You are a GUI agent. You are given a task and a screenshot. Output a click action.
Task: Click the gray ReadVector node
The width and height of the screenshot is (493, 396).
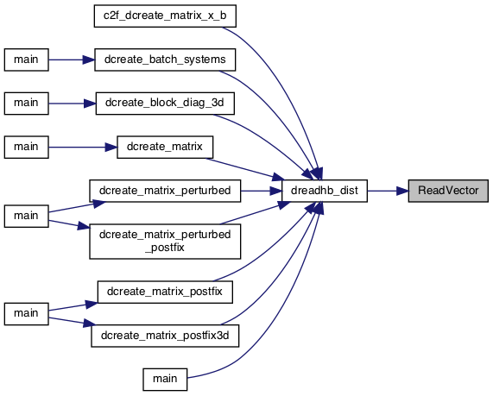448,191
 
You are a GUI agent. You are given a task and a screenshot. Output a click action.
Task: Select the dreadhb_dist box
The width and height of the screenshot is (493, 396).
325,191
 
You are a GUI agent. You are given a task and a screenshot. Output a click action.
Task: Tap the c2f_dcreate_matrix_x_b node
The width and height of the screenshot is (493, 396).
165,16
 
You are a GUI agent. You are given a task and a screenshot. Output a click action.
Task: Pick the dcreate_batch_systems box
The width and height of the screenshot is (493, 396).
165,60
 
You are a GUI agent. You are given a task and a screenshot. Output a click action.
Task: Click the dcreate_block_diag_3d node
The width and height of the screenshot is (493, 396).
165,104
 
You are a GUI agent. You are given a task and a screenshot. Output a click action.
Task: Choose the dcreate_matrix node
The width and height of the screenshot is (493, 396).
165,147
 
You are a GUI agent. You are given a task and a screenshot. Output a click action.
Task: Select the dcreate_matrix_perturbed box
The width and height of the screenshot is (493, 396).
165,191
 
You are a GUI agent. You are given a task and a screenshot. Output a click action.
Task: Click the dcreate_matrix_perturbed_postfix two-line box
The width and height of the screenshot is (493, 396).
165,242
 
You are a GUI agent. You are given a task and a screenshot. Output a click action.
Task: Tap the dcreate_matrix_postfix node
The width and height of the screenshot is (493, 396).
165,292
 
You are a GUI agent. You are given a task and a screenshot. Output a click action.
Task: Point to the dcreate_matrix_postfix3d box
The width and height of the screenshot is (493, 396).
165,336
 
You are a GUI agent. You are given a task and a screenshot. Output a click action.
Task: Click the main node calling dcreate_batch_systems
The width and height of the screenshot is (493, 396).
27,60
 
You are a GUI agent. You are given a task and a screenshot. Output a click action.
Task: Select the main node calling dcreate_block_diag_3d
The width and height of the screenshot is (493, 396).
27,104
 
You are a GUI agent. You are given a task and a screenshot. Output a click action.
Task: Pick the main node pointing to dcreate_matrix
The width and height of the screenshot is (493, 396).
27,147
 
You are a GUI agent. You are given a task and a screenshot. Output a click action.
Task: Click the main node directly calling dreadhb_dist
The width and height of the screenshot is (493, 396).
165,380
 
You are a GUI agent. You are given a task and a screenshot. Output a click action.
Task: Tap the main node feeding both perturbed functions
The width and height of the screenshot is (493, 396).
27,217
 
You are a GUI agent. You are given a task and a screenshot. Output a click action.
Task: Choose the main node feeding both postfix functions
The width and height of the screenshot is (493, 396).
27,314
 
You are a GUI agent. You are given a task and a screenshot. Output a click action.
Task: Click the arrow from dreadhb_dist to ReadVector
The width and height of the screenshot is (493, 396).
388,191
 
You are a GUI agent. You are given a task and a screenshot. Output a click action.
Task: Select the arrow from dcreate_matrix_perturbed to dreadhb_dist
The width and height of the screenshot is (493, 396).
262,191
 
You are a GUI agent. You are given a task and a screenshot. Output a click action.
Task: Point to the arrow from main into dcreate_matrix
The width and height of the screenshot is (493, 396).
83,147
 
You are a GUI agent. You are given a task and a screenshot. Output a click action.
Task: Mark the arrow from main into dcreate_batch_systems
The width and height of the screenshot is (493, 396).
72,60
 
